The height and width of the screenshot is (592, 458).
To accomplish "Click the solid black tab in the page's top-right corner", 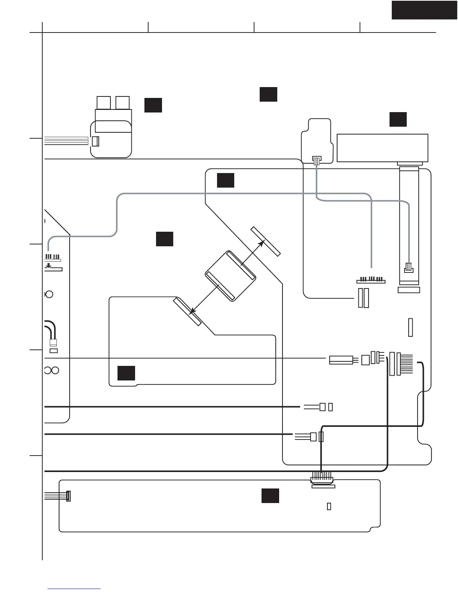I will [424, 10].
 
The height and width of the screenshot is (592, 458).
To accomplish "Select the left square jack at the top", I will [104, 103].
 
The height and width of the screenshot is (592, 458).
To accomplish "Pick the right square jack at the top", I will [123, 103].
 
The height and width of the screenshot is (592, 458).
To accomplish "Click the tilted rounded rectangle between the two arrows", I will [230, 276].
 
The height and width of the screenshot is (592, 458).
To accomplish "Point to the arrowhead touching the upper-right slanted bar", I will [262, 242].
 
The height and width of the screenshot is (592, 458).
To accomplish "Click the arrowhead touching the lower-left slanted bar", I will [192, 311].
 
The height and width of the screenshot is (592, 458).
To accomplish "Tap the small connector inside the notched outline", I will [317, 160].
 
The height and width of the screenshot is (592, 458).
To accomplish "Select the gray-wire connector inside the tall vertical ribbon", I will [409, 268].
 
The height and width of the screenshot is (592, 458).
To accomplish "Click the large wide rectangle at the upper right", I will [382, 148].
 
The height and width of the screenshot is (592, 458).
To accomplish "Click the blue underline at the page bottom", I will [74, 589].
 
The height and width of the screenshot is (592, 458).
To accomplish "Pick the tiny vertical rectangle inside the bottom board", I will [329, 506].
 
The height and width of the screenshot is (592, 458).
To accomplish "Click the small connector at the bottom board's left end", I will [68, 496].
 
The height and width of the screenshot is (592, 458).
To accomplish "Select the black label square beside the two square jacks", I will [153, 105].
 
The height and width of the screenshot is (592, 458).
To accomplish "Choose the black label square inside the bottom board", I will [270, 496].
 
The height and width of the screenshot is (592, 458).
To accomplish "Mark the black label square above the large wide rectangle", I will [398, 119].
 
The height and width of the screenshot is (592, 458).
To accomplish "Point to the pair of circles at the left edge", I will [52, 370].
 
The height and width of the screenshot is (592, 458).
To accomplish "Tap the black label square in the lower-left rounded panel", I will [126, 373].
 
